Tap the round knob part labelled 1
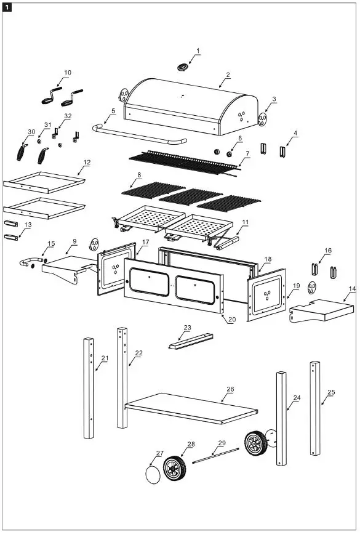pos(182,67)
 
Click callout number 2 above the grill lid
pos(228,75)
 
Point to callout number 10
pos(67,72)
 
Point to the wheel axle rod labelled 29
pos(215,455)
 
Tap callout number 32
pos(67,116)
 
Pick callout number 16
pos(328,251)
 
